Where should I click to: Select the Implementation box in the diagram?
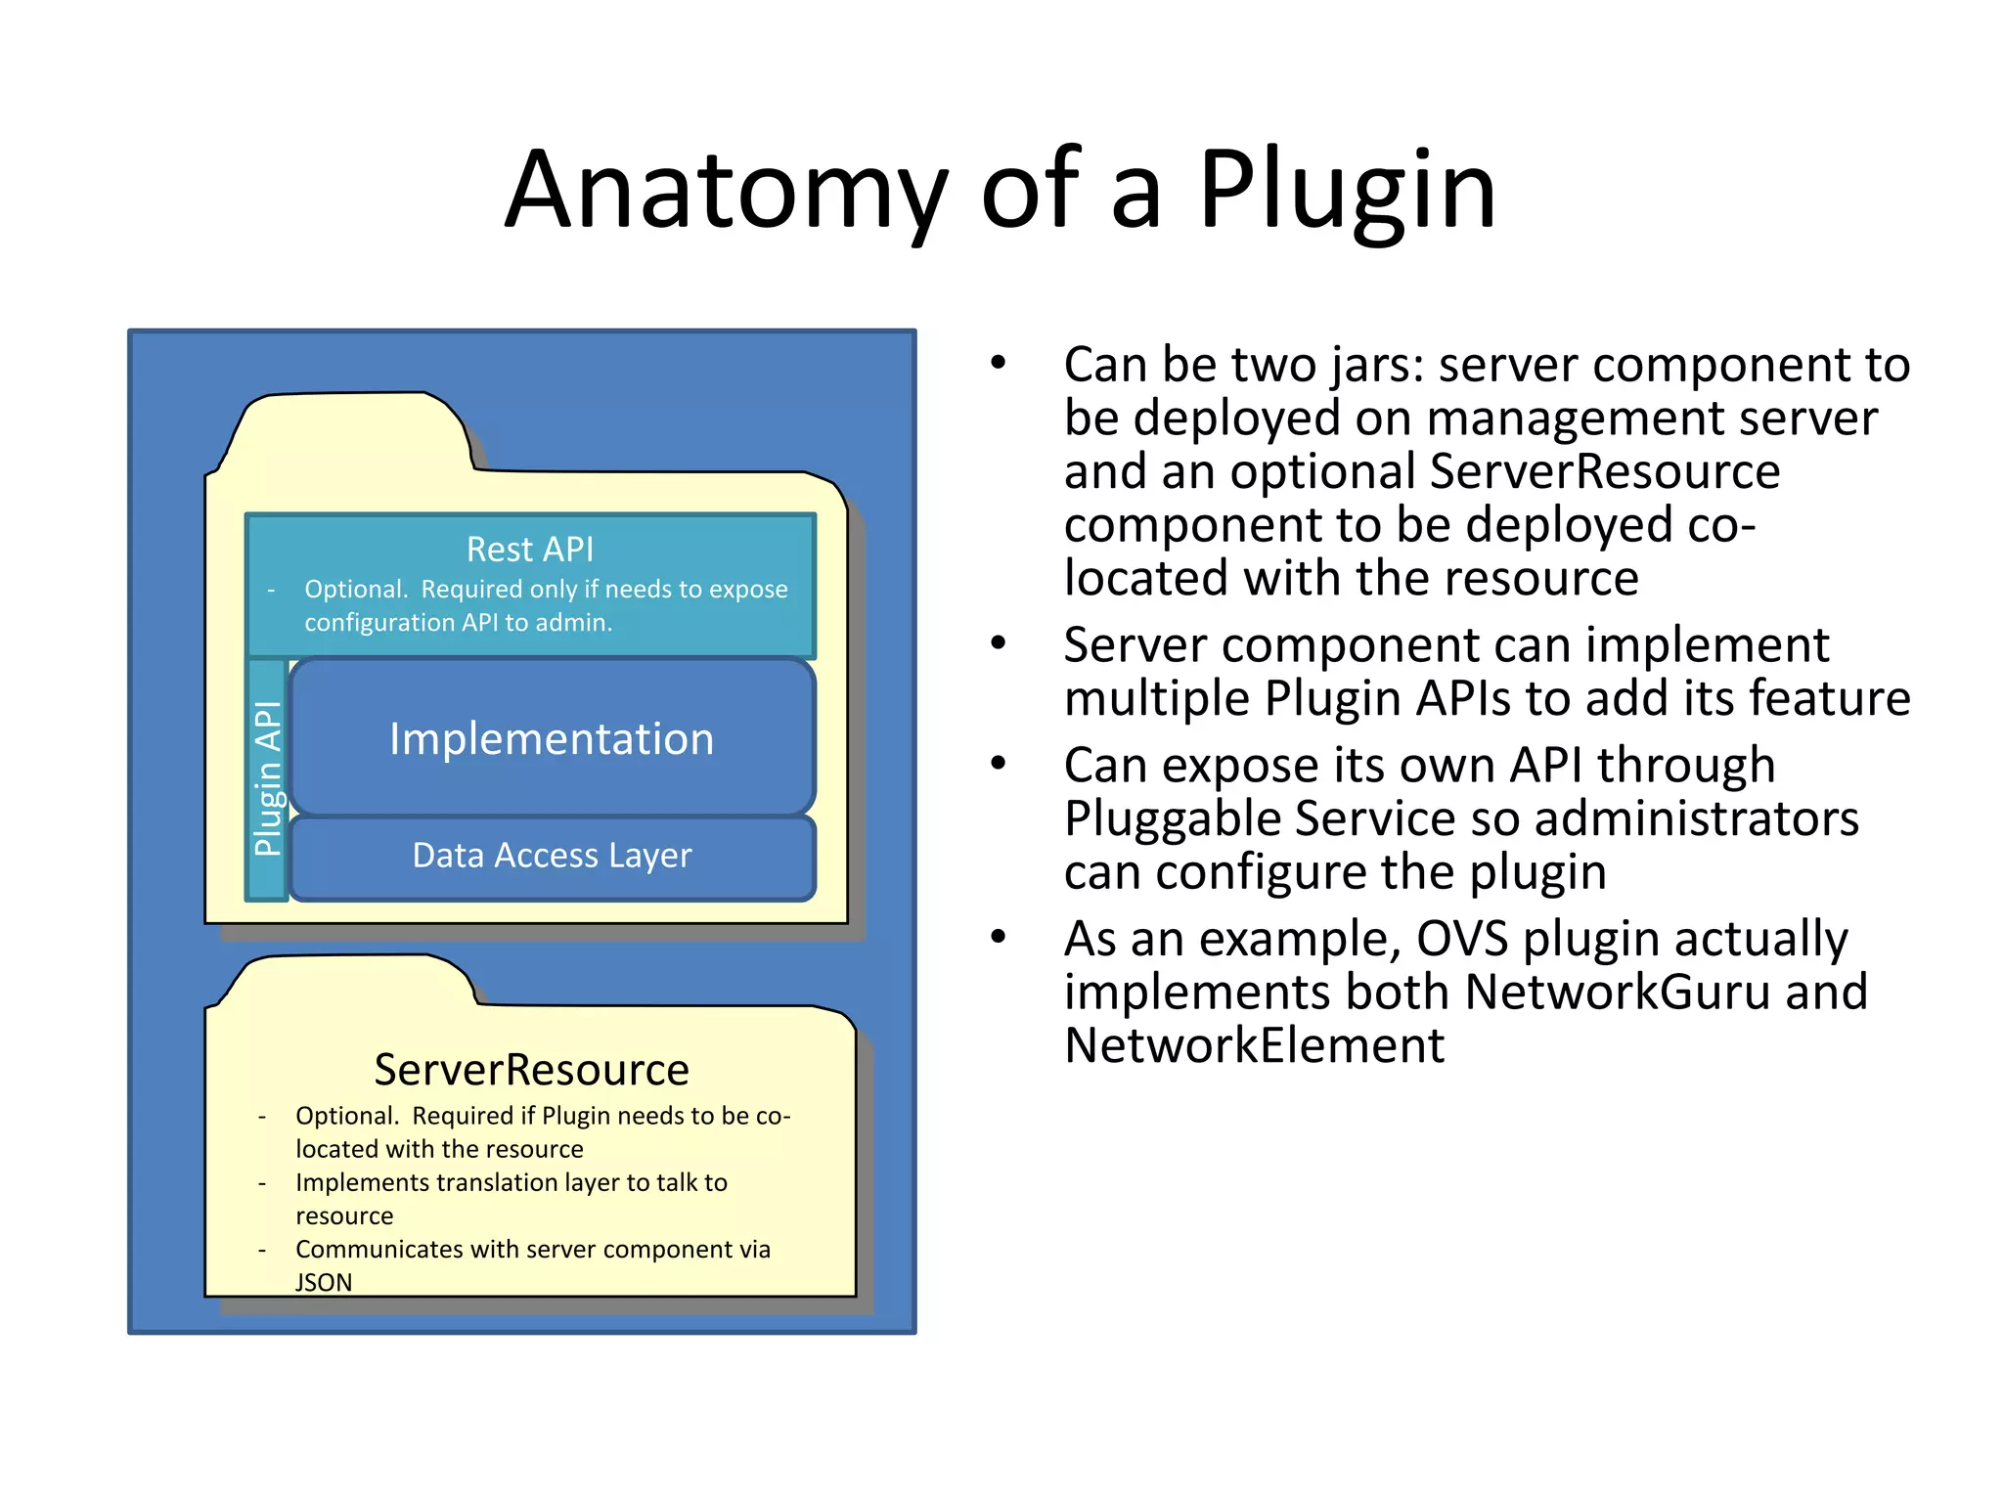(552, 738)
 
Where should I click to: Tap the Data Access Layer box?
(552, 856)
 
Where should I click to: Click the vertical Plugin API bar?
(267, 778)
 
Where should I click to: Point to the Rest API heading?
(530, 550)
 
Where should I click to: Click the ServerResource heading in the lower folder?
(531, 1070)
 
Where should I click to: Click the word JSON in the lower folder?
(324, 1282)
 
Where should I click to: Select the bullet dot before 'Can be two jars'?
(998, 364)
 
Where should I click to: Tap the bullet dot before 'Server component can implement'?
(998, 643)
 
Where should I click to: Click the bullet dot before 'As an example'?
(998, 937)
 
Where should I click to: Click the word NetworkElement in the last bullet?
(1254, 1045)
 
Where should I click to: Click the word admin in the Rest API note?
(579, 623)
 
